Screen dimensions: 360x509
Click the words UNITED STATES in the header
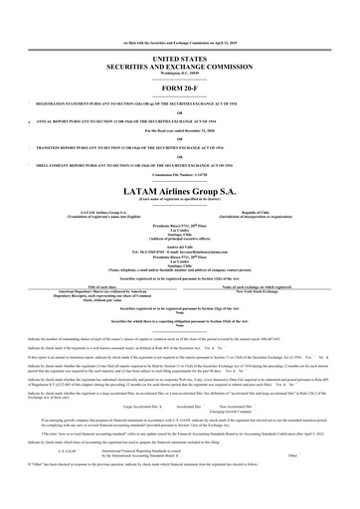click(179, 32)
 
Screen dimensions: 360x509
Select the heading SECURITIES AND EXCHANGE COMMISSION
click(179, 40)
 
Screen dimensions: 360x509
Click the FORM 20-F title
click(179, 62)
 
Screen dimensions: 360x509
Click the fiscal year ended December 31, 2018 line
click(179, 103)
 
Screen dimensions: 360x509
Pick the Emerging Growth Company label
click(242, 384)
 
